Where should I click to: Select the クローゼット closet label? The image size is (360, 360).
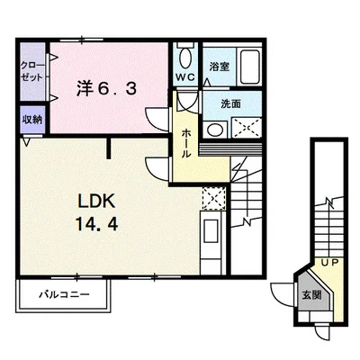(x=31, y=71)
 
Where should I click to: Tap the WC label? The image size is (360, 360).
(x=185, y=77)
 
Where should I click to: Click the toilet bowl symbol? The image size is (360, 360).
(x=184, y=59)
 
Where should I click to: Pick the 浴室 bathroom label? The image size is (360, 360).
(x=220, y=67)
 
